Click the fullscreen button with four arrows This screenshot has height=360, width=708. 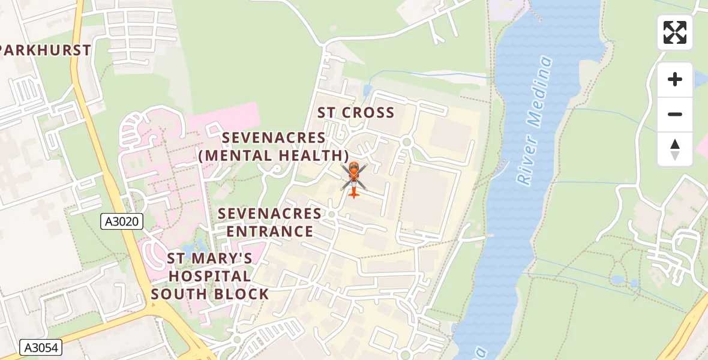point(674,32)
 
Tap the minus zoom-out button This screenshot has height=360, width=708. point(674,115)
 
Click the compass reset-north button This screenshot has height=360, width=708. point(674,149)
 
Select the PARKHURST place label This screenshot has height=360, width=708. point(46,50)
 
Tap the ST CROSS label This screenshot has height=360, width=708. point(356,113)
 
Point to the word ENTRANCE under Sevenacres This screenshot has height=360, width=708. point(270,232)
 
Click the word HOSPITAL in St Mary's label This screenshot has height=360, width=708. point(209,277)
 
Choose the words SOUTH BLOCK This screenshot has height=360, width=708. point(209,294)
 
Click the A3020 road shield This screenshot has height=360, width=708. point(122,221)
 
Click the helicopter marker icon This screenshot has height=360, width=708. point(353,173)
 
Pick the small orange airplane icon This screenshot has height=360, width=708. point(354,193)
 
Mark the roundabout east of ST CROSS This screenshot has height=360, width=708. point(407,142)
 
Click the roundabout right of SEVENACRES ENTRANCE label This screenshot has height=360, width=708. point(331,214)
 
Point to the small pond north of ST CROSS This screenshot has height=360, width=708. point(367,91)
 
